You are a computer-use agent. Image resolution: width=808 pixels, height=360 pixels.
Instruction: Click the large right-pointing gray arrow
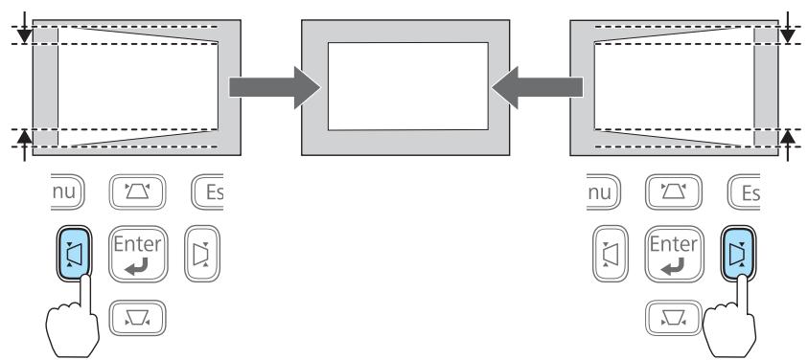pyautogui.click(x=274, y=87)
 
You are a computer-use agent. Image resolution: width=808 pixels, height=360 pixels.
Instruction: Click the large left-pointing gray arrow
pyautogui.click(x=536, y=87)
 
